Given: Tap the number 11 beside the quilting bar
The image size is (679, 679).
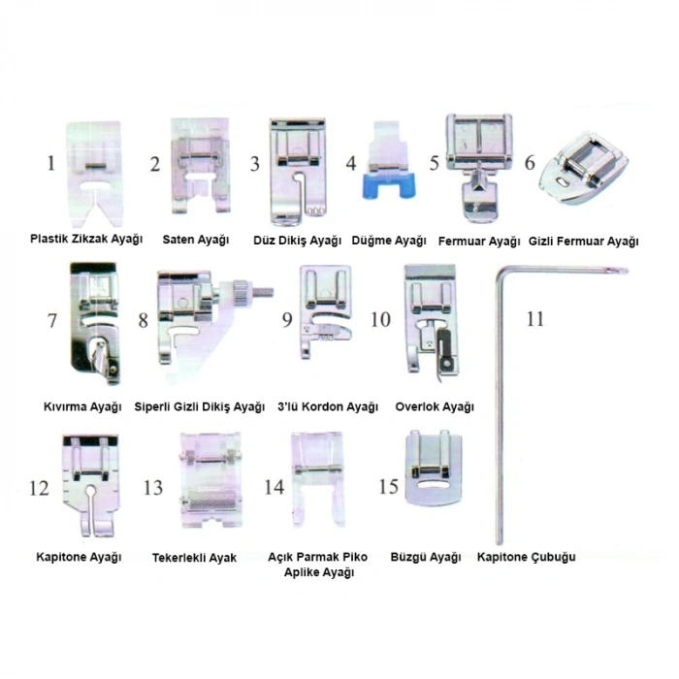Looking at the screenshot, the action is (x=534, y=319).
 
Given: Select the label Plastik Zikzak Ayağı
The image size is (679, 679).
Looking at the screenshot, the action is (x=86, y=239).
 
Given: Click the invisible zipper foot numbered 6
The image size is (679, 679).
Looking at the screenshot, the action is (x=583, y=168).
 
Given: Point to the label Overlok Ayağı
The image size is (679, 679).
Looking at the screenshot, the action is (x=435, y=407).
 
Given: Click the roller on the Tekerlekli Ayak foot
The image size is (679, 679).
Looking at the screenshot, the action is (x=209, y=503).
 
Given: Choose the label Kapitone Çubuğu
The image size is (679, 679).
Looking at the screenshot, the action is (x=526, y=557).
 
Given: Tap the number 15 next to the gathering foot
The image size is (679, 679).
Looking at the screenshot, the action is (x=388, y=486).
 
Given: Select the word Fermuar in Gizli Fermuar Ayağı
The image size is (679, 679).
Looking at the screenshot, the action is (x=579, y=242).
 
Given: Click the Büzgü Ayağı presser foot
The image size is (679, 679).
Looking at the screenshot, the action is (x=433, y=468).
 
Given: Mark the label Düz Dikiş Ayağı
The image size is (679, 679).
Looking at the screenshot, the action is (x=298, y=241).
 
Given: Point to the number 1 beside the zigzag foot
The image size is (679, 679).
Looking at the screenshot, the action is (x=51, y=163).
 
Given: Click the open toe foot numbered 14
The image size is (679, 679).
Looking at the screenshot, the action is (x=319, y=478).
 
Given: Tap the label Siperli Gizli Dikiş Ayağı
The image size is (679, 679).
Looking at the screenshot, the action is (x=199, y=407).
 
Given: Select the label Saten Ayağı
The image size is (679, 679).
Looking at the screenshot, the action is (x=196, y=240).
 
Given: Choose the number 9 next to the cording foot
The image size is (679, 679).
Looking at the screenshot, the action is (x=287, y=319).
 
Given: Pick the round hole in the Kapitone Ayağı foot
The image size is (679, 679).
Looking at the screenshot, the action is (x=90, y=491).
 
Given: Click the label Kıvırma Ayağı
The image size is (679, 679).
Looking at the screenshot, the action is (x=82, y=407).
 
